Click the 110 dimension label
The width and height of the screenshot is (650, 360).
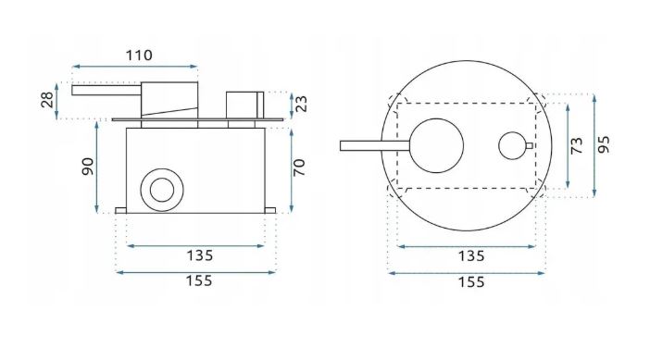pyautogui.click(x=139, y=56)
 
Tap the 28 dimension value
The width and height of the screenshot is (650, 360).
pyautogui.click(x=47, y=100)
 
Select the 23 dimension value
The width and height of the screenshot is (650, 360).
pyautogui.click(x=302, y=104)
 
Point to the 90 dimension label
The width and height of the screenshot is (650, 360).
pyautogui.click(x=88, y=167)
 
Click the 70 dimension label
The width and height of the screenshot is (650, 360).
pyautogui.click(x=299, y=168)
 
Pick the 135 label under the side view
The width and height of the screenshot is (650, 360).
pyautogui.click(x=199, y=255)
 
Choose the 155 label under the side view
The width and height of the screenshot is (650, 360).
pyautogui.click(x=199, y=281)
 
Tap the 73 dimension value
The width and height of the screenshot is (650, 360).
pyautogui.click(x=577, y=146)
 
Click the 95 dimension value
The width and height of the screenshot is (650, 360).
pyautogui.click(x=604, y=144)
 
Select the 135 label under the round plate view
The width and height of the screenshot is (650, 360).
pyautogui.click(x=471, y=256)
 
